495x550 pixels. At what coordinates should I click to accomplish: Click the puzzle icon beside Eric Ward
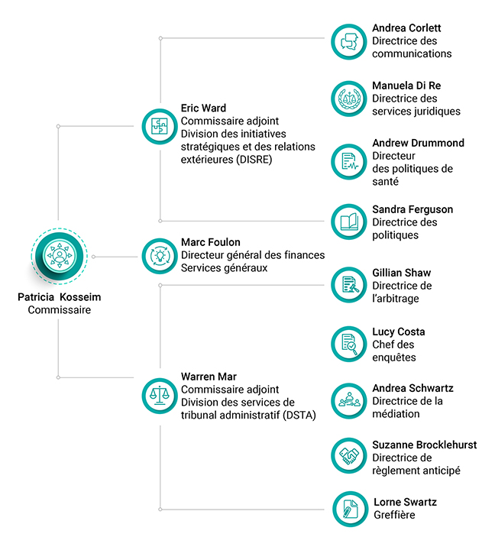[160, 126]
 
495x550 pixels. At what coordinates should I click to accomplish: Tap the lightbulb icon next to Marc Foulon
[160, 256]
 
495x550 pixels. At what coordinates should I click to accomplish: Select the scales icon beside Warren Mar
[160, 396]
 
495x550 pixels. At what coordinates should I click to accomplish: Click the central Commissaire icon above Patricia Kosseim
[60, 256]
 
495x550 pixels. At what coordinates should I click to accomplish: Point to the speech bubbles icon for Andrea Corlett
[349, 42]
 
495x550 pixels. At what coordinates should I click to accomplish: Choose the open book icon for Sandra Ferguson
[349, 222]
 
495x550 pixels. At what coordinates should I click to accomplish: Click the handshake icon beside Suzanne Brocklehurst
[349, 455]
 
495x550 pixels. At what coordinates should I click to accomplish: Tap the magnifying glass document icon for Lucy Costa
[349, 344]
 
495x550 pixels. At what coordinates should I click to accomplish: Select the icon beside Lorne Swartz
[351, 509]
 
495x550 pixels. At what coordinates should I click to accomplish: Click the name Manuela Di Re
[406, 86]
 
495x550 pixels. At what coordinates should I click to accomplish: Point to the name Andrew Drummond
[418, 143]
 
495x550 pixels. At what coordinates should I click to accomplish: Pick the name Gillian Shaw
[401, 273]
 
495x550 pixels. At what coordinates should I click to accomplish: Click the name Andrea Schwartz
[412, 388]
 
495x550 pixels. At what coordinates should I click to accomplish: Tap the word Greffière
[394, 515]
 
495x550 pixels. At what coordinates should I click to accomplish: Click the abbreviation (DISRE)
[254, 160]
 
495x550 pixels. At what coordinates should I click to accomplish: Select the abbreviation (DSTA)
[299, 416]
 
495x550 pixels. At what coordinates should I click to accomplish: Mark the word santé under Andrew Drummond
[385, 181]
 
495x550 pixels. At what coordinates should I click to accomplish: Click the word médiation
[396, 413]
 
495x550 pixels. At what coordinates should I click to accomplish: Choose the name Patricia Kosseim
[60, 297]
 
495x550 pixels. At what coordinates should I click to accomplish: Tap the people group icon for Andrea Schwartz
[349, 401]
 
